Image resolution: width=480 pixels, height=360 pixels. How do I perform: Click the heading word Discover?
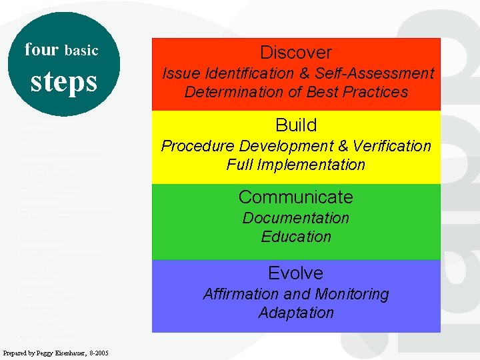click(296, 53)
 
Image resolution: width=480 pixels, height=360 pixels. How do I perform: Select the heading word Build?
click(296, 125)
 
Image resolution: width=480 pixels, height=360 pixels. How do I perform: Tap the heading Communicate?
click(296, 197)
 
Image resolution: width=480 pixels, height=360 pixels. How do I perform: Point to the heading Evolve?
click(296, 273)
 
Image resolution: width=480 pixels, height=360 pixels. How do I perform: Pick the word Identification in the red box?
click(231, 73)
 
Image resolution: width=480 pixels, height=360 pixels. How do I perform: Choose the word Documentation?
click(296, 218)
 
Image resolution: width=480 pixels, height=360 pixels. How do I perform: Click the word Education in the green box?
click(296, 237)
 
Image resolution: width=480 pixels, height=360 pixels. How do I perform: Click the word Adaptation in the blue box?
click(296, 313)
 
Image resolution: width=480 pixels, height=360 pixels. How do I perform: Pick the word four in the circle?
click(42, 49)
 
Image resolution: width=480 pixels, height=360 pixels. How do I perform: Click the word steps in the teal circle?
click(64, 81)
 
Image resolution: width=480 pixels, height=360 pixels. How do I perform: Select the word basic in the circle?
click(81, 51)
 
